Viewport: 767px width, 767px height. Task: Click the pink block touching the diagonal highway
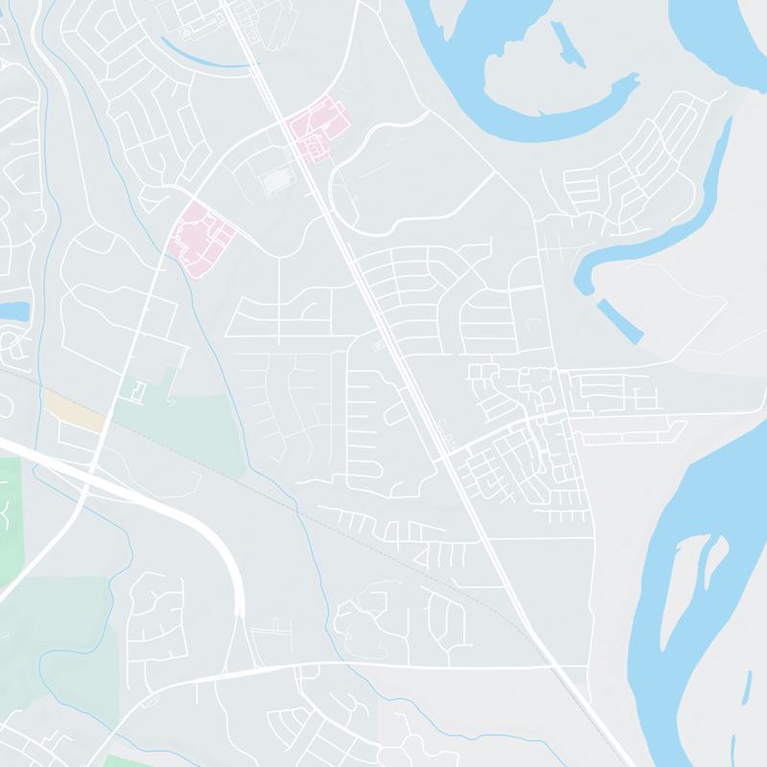click(x=314, y=129)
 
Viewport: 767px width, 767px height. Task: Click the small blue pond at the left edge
click(x=13, y=311)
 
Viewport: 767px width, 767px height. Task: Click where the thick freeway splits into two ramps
click(x=241, y=614)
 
